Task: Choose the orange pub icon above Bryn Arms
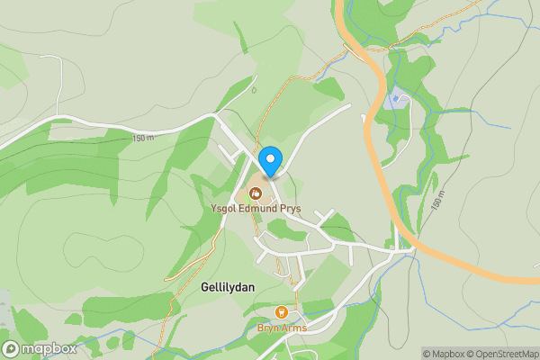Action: [x=282, y=312]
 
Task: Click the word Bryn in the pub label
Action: [x=269, y=328]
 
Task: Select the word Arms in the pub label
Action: [x=294, y=328]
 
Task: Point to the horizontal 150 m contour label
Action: [x=142, y=138]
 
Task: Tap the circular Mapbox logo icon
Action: [x=11, y=349]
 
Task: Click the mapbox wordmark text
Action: [x=49, y=349]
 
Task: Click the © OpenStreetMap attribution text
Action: [x=502, y=354]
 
